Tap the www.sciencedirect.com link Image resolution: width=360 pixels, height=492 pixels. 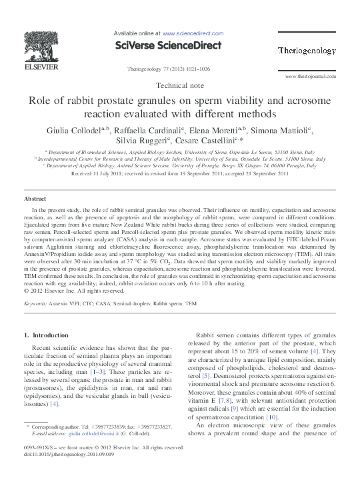pyautogui.click(x=193, y=33)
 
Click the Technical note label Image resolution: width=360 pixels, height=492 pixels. pyautogui.click(x=179, y=86)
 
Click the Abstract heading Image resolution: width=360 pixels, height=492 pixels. pyautogui.click(x=35, y=199)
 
